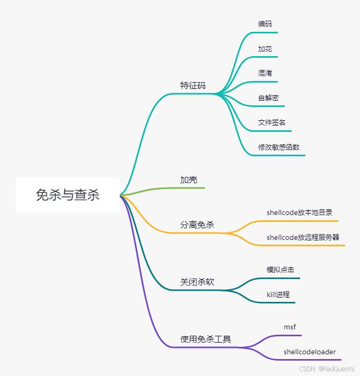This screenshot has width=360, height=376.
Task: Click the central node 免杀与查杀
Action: click(67, 195)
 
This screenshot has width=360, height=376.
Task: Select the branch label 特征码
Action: click(192, 86)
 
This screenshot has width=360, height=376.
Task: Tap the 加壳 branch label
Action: click(189, 180)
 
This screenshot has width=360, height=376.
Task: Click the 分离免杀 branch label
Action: click(197, 225)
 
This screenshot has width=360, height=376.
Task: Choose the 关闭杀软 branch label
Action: click(197, 282)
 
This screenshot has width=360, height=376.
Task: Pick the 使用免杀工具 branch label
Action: click(206, 339)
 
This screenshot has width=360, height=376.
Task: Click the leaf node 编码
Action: click(265, 24)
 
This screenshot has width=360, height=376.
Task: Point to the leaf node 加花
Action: click(265, 49)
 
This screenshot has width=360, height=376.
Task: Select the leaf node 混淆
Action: click(265, 73)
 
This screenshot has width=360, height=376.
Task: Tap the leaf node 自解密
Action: click(268, 98)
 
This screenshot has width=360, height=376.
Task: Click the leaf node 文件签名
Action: click(272, 122)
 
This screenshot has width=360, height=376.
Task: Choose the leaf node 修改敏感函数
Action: click(279, 147)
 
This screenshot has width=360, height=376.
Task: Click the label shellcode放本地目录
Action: click(300, 212)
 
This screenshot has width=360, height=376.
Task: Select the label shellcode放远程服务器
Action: click(303, 237)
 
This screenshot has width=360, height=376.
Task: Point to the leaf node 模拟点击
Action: click(280, 270)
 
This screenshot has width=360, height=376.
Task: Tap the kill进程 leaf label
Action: click(278, 294)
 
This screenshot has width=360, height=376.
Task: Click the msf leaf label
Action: click(289, 327)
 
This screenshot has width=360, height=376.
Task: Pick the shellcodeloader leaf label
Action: click(310, 352)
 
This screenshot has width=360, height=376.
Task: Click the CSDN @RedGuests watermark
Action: click(327, 369)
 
